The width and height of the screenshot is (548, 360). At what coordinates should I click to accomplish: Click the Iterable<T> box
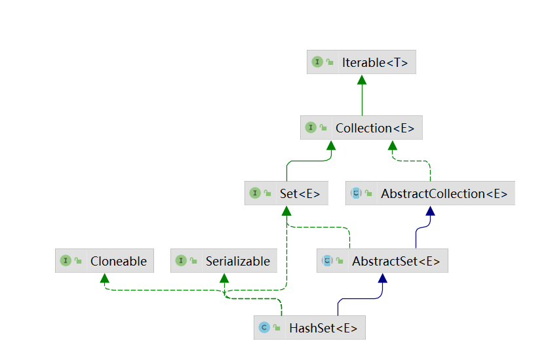coord(361,63)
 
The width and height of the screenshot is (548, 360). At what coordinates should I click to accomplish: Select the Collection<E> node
coord(361,128)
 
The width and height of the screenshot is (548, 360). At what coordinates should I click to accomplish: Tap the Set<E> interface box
coord(286,193)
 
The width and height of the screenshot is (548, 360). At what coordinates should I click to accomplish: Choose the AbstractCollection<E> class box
coord(431,193)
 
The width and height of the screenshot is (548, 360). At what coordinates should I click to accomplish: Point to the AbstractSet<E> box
coord(383,261)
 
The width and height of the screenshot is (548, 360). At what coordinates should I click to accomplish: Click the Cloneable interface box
coord(104,261)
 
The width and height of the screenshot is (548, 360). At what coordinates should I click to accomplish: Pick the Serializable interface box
coord(224,261)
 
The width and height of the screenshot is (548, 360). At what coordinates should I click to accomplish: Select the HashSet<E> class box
coord(309,328)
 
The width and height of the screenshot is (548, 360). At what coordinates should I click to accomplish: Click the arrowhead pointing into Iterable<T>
coord(362,80)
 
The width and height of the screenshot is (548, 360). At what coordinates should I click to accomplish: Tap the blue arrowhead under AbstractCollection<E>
coord(431,210)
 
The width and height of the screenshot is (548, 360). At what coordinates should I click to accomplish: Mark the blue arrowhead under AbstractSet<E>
coord(383,278)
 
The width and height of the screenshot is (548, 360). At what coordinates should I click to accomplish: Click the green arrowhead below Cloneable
coord(104,278)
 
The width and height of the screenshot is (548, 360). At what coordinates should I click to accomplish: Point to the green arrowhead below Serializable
coord(224,278)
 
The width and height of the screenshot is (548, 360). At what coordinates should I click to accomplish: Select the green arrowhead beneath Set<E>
coord(286,210)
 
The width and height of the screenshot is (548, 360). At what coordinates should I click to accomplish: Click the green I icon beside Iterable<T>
coord(317,63)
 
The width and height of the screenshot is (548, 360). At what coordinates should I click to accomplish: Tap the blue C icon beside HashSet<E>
coord(264,328)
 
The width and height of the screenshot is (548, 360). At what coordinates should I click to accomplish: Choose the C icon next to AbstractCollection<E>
coord(356,193)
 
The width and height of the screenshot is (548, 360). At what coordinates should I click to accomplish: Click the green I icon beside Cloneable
coord(66,261)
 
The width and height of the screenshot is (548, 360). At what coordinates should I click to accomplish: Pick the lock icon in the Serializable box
coord(193,261)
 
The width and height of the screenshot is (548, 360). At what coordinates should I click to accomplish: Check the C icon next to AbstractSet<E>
coord(327,261)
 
